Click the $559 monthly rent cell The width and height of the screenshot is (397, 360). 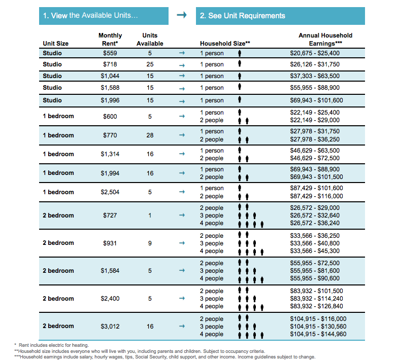[x=110, y=53]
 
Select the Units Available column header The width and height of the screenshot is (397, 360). [x=150, y=40]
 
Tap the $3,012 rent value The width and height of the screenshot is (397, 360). [x=110, y=326]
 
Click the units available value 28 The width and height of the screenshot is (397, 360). [x=150, y=135]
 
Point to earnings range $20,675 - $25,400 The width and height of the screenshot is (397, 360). [x=315, y=53]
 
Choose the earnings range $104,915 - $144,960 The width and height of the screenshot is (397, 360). [x=318, y=334]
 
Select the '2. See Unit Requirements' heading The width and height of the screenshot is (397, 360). [x=280, y=16]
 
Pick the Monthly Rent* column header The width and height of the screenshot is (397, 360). [x=110, y=40]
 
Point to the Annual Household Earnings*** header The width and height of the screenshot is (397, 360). [x=325, y=40]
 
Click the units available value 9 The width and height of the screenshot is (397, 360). [x=150, y=243]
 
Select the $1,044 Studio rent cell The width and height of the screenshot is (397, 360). [x=110, y=76]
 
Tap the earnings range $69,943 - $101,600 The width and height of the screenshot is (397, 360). [x=316, y=100]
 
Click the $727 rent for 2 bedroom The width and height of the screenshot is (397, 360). [x=110, y=215]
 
